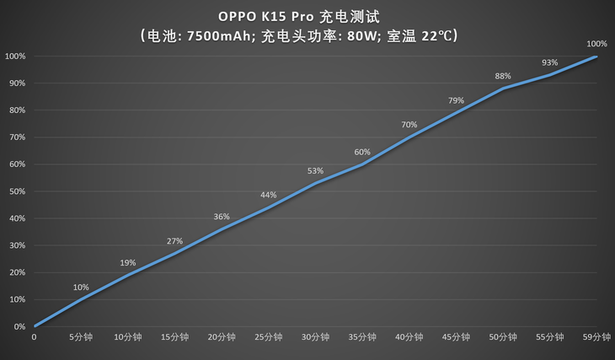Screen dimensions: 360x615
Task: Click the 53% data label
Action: [315, 171]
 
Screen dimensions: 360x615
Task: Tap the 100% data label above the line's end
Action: [596, 44]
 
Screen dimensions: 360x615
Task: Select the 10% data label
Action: [81, 287]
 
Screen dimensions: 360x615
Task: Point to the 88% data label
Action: [503, 75]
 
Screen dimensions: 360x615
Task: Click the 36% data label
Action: [222, 216]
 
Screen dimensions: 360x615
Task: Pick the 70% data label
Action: [409, 125]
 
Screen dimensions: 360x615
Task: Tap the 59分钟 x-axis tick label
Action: [597, 336]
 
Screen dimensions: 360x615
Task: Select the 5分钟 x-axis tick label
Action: [81, 336]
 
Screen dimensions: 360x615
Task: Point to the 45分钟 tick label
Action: [457, 336]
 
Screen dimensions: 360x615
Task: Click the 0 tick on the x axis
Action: [34, 336]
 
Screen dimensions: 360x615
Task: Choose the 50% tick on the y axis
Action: [15, 191]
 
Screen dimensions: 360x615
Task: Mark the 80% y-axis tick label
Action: [15, 110]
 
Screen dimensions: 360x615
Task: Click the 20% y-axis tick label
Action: [15, 272]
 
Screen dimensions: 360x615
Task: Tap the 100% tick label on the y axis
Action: [15, 56]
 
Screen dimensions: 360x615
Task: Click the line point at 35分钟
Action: [362, 164]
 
